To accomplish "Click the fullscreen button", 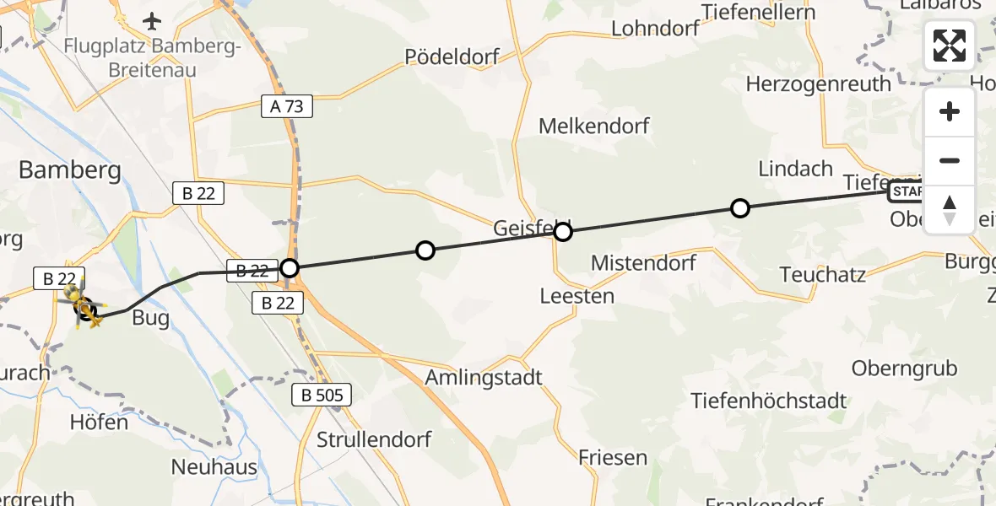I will tap(950, 46).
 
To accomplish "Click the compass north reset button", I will tap(950, 210).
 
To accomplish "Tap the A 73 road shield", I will tap(287, 106).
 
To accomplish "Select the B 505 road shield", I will tap(321, 395).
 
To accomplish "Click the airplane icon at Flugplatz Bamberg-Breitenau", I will tap(152, 20).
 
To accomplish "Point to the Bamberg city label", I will tap(69, 170).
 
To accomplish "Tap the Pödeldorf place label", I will tap(452, 57).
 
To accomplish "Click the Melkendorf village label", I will tap(594, 126).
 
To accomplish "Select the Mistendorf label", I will tap(643, 263).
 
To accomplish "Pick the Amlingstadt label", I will tap(484, 377).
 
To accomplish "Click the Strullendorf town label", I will tap(374, 439).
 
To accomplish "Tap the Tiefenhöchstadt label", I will tap(769, 401).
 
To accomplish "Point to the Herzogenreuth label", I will tap(818, 84).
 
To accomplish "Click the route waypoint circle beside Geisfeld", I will tap(562, 231).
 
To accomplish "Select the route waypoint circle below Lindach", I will tap(739, 207).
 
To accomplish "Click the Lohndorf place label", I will tap(655, 29).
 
